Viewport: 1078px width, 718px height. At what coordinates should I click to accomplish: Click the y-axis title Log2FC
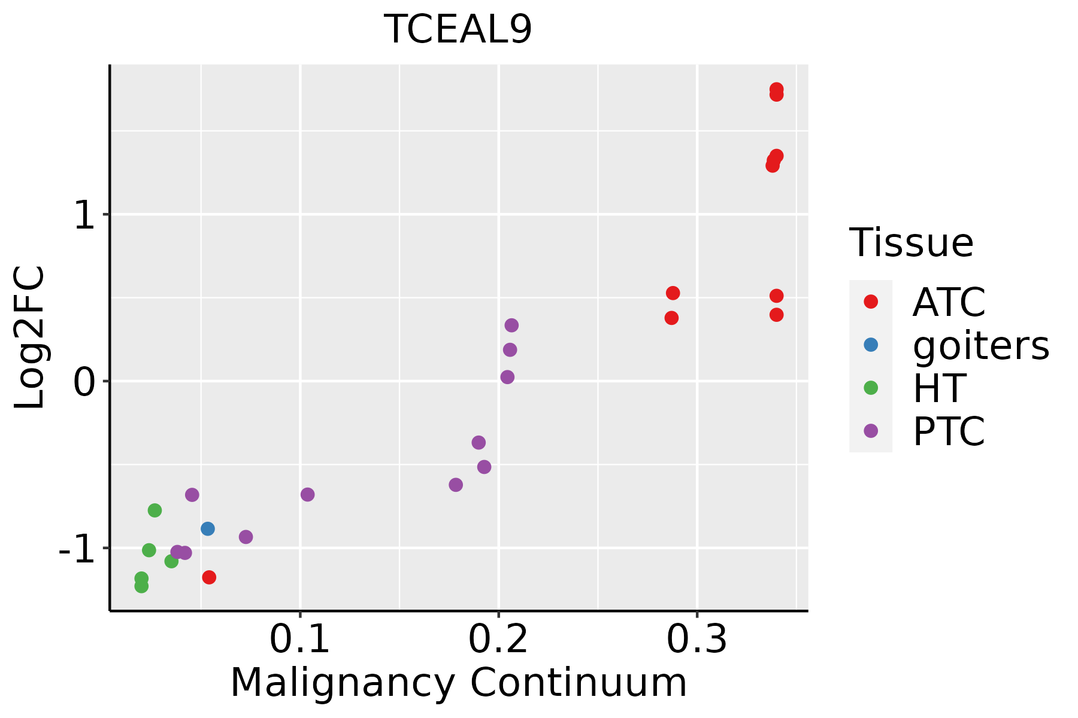pyautogui.click(x=30, y=337)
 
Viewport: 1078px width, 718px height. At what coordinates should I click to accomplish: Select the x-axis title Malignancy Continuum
pyautogui.click(x=458, y=683)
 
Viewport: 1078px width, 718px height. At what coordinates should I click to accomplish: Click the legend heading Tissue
pyautogui.click(x=911, y=243)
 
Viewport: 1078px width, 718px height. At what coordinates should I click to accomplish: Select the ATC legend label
pyautogui.click(x=949, y=302)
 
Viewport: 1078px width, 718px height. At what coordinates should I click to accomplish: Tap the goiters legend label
pyautogui.click(x=980, y=345)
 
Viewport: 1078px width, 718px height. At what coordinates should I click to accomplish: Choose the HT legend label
pyautogui.click(x=938, y=388)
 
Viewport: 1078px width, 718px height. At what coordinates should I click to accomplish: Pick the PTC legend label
pyautogui.click(x=949, y=431)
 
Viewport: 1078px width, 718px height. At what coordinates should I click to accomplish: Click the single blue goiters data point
pyautogui.click(x=208, y=529)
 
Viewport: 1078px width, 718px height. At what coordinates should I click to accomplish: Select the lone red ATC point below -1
pyautogui.click(x=209, y=577)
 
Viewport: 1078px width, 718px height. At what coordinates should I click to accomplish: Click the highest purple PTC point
pyautogui.click(x=511, y=325)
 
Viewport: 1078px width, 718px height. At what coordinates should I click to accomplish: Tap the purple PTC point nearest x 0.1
pyautogui.click(x=308, y=495)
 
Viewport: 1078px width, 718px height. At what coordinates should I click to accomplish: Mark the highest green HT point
pyautogui.click(x=155, y=510)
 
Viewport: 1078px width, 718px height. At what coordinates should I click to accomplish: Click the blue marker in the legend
pyautogui.click(x=871, y=345)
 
